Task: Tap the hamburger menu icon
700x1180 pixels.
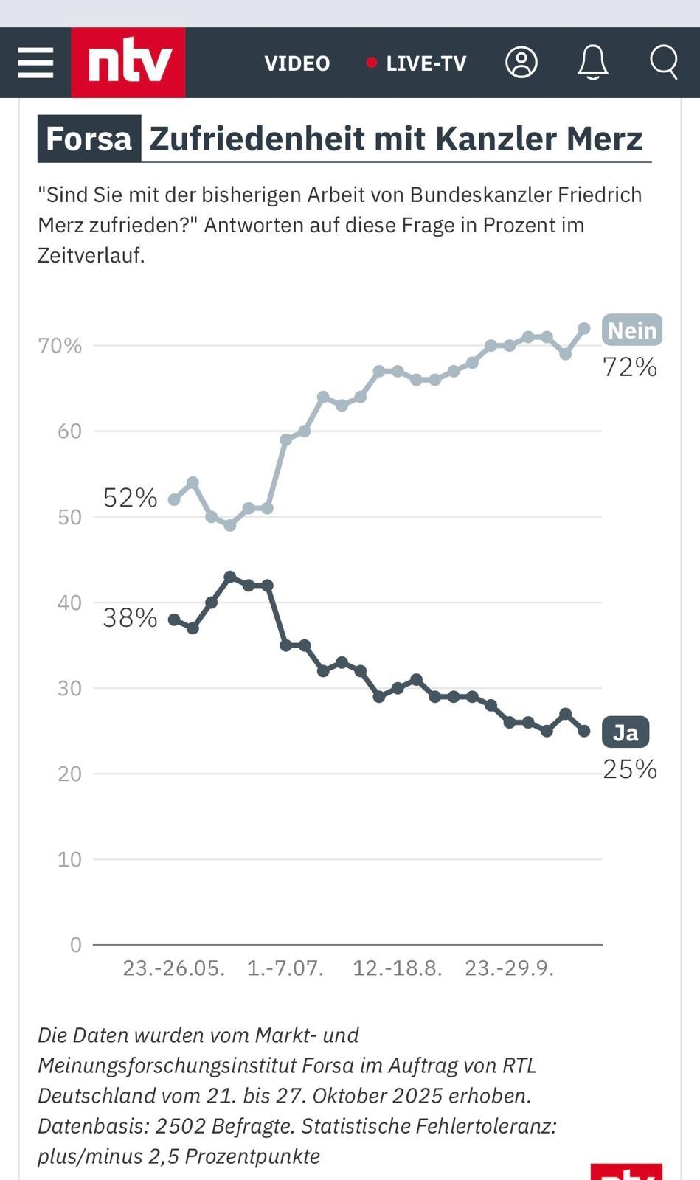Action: [x=35, y=63]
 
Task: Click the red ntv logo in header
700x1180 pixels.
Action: [x=128, y=63]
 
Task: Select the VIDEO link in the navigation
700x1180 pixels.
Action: [x=297, y=63]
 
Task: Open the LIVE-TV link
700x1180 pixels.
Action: [x=417, y=63]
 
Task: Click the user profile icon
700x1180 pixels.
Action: [x=521, y=63]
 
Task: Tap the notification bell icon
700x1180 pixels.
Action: [x=592, y=63]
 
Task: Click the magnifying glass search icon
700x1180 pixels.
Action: [x=664, y=63]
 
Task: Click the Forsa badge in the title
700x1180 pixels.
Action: [x=89, y=139]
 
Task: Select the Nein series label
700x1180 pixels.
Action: [x=632, y=330]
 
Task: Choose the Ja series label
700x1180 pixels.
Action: [x=626, y=732]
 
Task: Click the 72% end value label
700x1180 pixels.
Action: [x=629, y=367]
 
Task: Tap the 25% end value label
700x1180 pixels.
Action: [x=629, y=769]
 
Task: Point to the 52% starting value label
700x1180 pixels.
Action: [x=130, y=498]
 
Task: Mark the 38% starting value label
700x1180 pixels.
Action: [x=130, y=618]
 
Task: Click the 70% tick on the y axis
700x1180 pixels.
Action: [x=60, y=346]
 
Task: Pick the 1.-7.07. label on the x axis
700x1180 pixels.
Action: [x=285, y=968]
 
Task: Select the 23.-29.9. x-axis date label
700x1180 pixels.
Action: [x=509, y=968]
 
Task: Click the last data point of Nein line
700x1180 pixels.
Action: [x=584, y=328]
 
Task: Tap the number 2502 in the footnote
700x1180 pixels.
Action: [x=179, y=1126]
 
